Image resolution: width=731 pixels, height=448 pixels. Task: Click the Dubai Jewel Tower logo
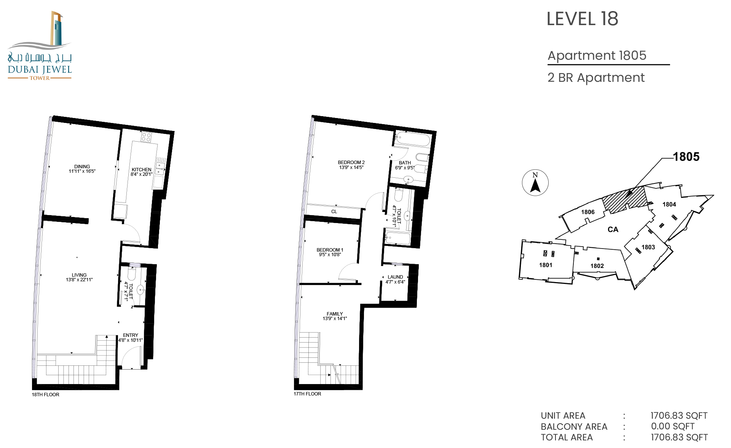(x=40, y=46)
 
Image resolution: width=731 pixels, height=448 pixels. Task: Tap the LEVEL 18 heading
(x=582, y=19)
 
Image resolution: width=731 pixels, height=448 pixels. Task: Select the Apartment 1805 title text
(x=597, y=56)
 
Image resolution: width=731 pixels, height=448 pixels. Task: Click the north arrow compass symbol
(x=535, y=183)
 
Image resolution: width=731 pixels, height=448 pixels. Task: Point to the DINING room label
(x=82, y=166)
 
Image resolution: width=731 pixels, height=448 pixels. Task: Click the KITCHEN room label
(x=141, y=169)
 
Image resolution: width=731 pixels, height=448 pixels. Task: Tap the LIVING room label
(x=79, y=275)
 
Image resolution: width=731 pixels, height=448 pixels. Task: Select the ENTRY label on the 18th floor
(x=131, y=335)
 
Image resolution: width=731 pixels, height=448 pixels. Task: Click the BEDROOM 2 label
(x=351, y=162)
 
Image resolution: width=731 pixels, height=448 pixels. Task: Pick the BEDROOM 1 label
(x=330, y=250)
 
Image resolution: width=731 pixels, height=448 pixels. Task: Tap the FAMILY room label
(x=335, y=314)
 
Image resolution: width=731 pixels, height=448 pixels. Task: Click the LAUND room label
(x=395, y=277)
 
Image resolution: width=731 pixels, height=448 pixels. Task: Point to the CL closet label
(x=334, y=212)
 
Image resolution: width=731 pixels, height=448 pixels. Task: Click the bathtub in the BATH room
(x=413, y=139)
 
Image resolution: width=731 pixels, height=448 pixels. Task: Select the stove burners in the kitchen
(x=146, y=137)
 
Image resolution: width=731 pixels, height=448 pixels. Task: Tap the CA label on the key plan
(x=613, y=230)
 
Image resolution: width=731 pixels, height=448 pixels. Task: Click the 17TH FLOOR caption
(x=307, y=394)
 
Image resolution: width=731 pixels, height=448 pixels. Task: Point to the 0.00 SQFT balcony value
(x=673, y=426)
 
